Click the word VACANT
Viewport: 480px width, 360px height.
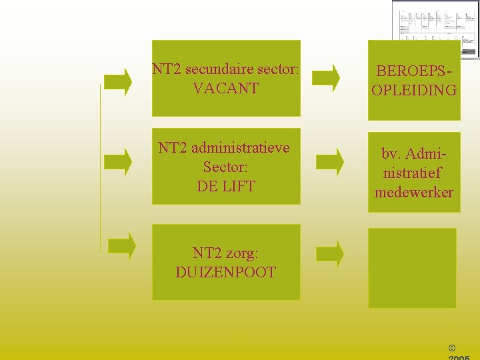(225, 88)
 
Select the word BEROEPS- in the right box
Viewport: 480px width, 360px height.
(414, 71)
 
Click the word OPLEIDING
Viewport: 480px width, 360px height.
(414, 90)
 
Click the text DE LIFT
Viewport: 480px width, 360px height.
(226, 186)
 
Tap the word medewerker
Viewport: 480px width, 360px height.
(414, 193)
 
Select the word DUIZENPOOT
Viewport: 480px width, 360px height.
(226, 272)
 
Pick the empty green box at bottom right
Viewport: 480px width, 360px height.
(412, 268)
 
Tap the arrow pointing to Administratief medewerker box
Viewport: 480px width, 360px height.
(329, 161)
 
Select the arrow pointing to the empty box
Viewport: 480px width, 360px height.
(329, 253)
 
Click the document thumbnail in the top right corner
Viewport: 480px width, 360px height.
(435, 28)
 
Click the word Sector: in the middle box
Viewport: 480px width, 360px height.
(225, 167)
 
